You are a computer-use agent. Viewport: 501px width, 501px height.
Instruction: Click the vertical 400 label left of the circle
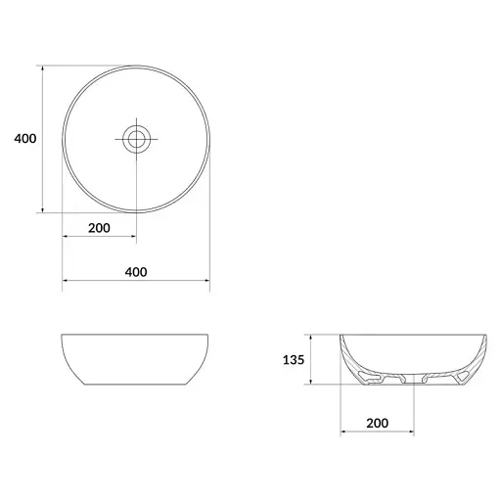25,139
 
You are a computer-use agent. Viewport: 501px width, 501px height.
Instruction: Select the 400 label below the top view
136,272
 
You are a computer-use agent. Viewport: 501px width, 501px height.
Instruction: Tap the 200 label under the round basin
99,228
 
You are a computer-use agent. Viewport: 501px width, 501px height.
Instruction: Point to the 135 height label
294,360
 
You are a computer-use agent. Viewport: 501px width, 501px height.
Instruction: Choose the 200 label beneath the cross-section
378,423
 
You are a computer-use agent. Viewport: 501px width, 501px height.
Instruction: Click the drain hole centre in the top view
136,139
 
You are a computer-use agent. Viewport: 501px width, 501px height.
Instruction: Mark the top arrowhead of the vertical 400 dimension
42,68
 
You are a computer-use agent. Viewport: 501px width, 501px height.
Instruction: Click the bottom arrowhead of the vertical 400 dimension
42,210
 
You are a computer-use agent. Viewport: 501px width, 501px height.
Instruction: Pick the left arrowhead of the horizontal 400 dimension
65,280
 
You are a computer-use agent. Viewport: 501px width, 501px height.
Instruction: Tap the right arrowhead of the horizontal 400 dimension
206,280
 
